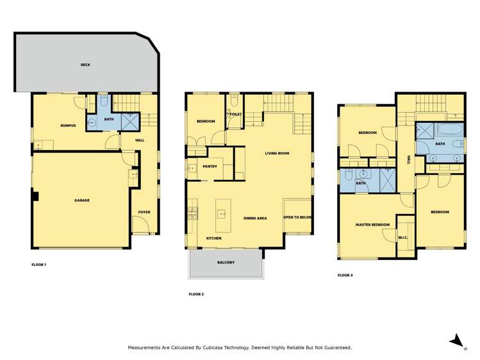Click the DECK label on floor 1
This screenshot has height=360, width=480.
pos(85,65)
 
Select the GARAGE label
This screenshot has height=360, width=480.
pos(81,200)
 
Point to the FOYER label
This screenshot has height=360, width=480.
pos(144,211)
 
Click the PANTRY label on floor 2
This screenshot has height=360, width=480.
pos(210,167)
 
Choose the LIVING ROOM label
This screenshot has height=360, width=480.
pos(277,153)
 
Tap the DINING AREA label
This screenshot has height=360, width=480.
pos(255,218)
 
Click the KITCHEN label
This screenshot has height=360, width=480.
pos(213,238)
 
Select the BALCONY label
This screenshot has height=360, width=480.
pos(226,262)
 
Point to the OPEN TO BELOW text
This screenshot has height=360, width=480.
pos(297,218)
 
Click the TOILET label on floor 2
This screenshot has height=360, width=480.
pos(236,114)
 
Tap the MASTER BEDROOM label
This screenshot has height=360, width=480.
pos(372,225)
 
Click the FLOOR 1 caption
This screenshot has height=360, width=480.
pos(39,264)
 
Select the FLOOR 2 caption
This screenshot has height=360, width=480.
pos(196,294)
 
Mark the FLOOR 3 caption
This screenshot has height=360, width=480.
pos(345,275)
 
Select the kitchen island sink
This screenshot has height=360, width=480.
pos(222,215)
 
